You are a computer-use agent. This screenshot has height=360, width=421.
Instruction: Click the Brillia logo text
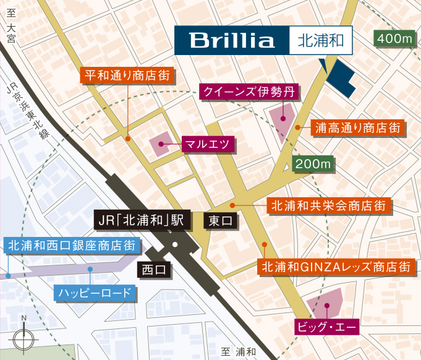[232, 41]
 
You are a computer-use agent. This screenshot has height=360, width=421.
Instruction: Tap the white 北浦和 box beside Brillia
[320, 41]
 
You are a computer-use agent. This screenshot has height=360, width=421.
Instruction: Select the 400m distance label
[394, 38]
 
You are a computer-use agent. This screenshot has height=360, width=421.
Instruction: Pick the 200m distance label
[313, 165]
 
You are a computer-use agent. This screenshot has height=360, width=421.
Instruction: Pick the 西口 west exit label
[154, 270]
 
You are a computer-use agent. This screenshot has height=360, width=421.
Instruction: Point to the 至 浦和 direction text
[238, 352]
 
